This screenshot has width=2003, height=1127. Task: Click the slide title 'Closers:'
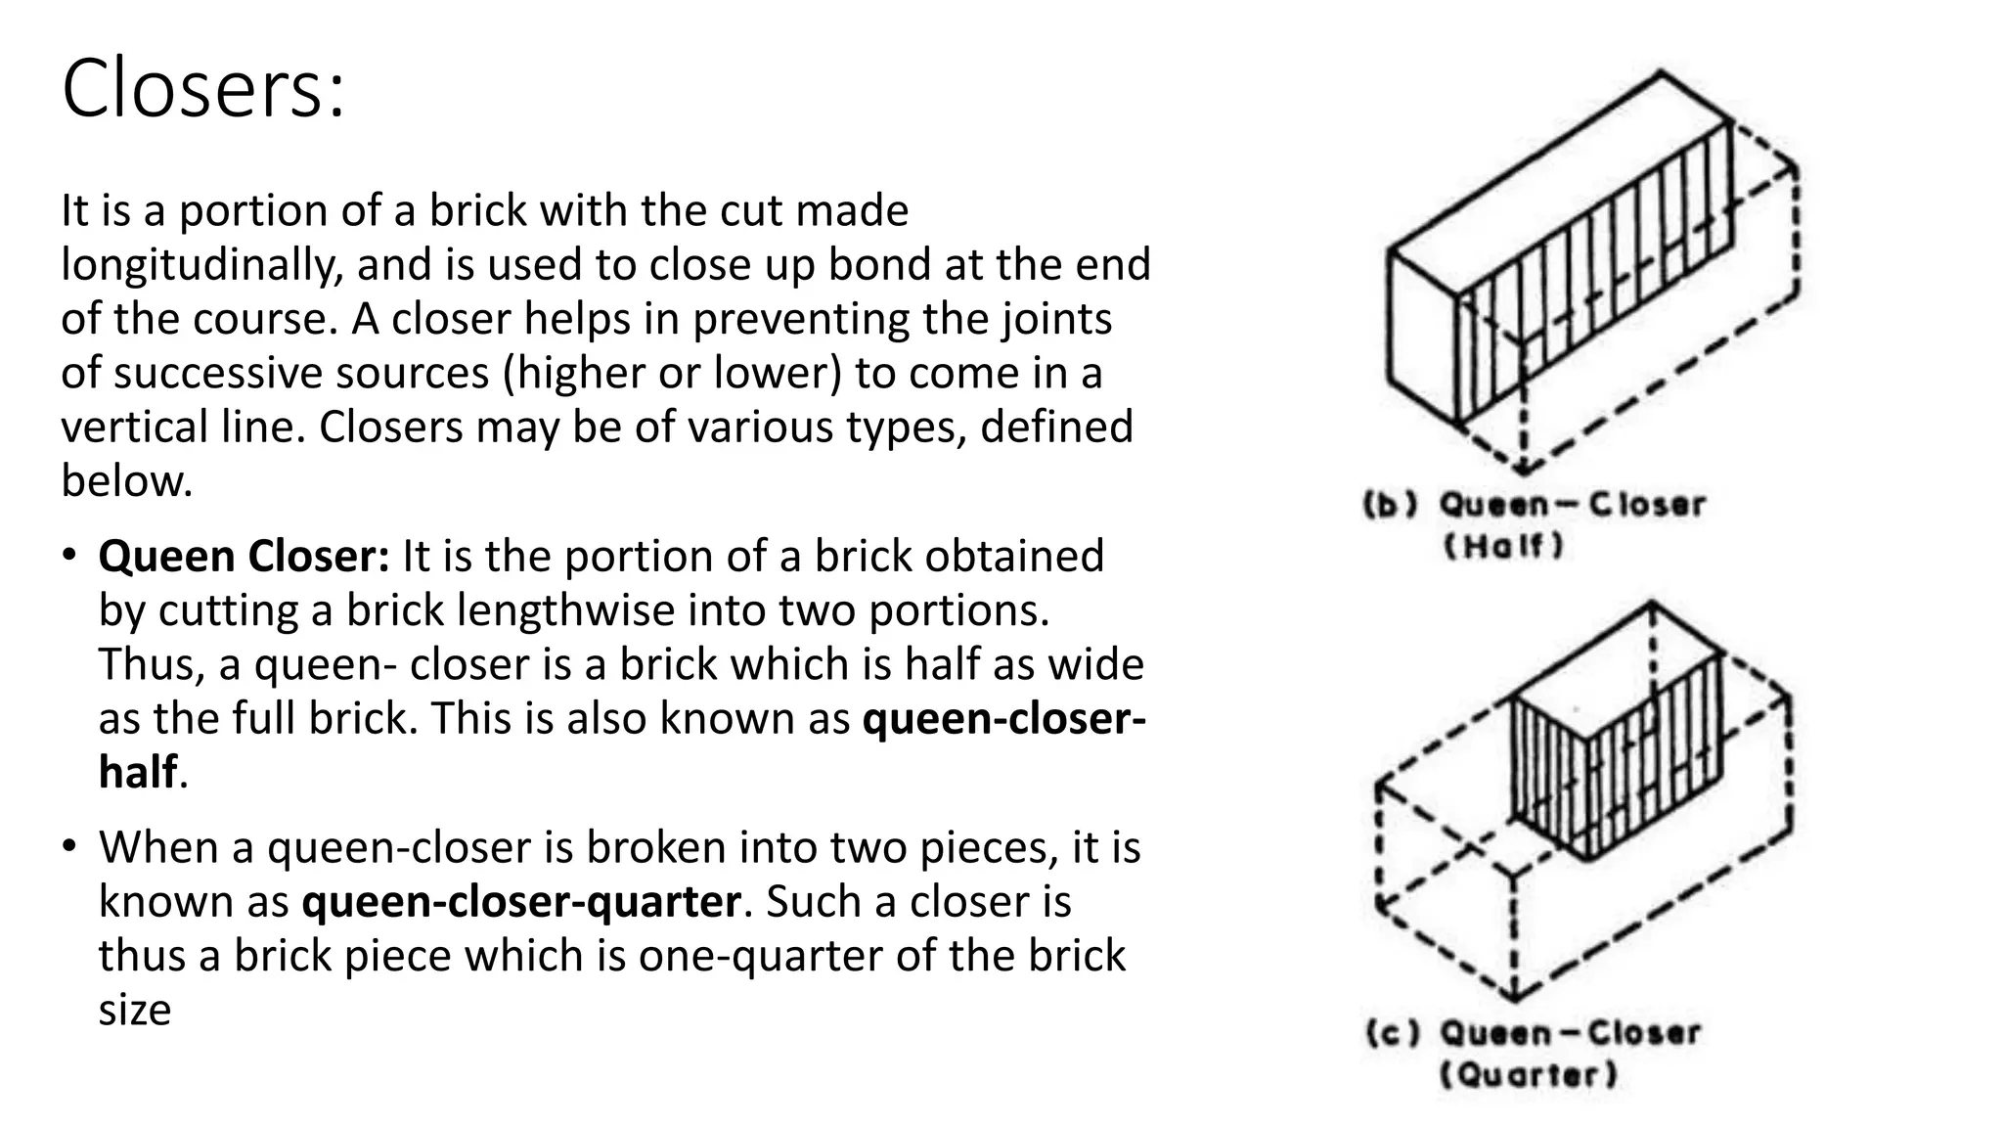pyautogui.click(x=203, y=89)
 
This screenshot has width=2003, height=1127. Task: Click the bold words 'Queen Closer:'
pyautogui.click(x=244, y=557)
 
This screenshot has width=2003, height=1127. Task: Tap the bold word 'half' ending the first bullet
pyautogui.click(x=138, y=773)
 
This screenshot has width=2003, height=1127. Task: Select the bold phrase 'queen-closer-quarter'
pyautogui.click(x=521, y=902)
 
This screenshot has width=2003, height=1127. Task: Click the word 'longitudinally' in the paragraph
pyautogui.click(x=200, y=265)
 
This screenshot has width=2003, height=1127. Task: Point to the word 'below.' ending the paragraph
pyautogui.click(x=127, y=481)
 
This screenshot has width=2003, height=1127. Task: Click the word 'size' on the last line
pyautogui.click(x=134, y=1010)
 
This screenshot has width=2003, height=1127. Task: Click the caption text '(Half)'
pyautogui.click(x=1503, y=546)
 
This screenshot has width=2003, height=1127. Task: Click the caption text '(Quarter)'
pyautogui.click(x=1529, y=1075)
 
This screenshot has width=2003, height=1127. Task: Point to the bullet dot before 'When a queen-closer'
pyautogui.click(x=67, y=845)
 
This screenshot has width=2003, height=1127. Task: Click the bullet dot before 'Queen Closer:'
pyautogui.click(x=67, y=555)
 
